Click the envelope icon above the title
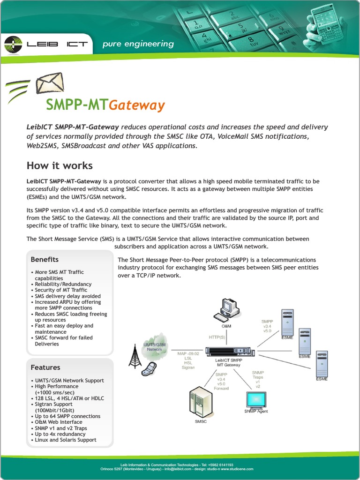point(49,84)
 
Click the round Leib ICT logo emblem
point(13,45)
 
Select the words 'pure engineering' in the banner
point(138,44)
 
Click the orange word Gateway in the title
point(137,105)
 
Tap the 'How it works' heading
point(60,165)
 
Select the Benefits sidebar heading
point(45,259)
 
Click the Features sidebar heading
point(45,367)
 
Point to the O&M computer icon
point(226,309)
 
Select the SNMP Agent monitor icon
point(256,400)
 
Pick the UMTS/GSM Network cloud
point(155,345)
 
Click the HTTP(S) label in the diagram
point(217,337)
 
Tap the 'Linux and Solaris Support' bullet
point(65,440)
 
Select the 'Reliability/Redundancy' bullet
point(63,284)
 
